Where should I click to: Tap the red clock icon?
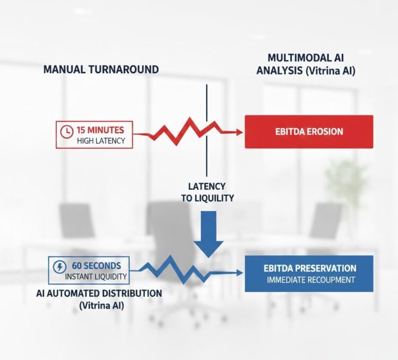[66, 131]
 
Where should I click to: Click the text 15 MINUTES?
[100, 130]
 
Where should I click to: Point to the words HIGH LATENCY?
[100, 140]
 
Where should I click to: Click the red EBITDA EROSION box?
[308, 131]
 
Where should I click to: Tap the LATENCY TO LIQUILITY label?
[206, 192]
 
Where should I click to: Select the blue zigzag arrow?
[180, 270]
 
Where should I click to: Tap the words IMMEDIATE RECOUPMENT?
[309, 280]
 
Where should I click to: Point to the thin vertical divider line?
[206, 106]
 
